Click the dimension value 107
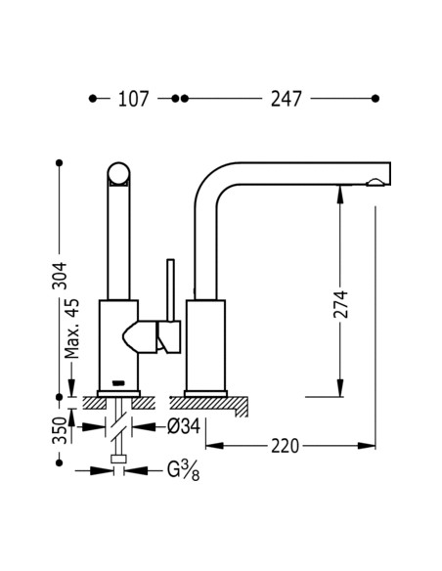(x=133, y=99)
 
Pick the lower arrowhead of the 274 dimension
(x=340, y=388)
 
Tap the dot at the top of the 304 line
(x=61, y=161)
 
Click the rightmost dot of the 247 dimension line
(x=376, y=99)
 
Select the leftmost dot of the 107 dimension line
(x=93, y=99)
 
